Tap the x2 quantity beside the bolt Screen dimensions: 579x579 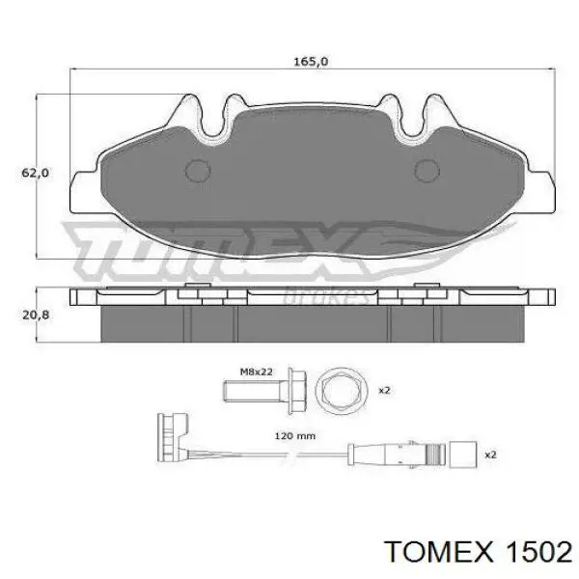tap(383, 390)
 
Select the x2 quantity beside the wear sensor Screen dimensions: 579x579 tap(489, 453)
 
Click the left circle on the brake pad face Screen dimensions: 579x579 tap(197, 171)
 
